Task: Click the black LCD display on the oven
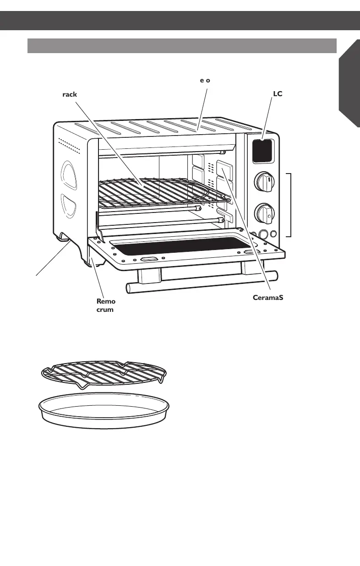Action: (262, 151)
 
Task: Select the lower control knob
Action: (264, 212)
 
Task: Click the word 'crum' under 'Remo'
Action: (105, 310)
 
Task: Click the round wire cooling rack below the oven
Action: (102, 372)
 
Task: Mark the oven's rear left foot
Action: (61, 236)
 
